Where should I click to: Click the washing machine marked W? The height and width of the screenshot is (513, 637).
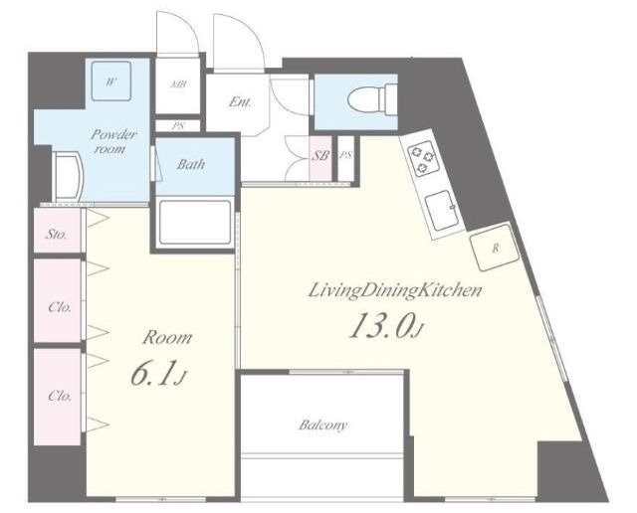point(110,81)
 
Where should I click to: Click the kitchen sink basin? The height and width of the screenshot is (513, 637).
point(441,210)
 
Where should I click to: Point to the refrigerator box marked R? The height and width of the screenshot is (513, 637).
point(495,248)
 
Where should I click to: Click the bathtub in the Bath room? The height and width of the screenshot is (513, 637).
point(195,222)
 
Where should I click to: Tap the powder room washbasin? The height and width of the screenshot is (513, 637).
point(68,176)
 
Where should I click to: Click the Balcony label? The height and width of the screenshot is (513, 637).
point(323,425)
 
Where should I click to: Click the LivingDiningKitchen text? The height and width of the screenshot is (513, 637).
point(395,290)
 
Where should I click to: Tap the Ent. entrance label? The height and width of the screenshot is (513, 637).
point(240,101)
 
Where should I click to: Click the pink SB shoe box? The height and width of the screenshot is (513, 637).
point(320,158)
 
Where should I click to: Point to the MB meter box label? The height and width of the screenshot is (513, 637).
point(178,85)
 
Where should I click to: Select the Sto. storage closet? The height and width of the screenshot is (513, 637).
point(58,230)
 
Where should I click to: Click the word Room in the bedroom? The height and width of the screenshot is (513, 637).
point(166,338)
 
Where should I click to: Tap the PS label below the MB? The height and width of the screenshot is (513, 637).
point(177,126)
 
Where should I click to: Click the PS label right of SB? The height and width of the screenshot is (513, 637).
point(345,155)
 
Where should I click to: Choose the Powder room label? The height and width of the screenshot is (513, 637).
point(112,141)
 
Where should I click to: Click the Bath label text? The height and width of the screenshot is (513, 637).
point(190,164)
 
